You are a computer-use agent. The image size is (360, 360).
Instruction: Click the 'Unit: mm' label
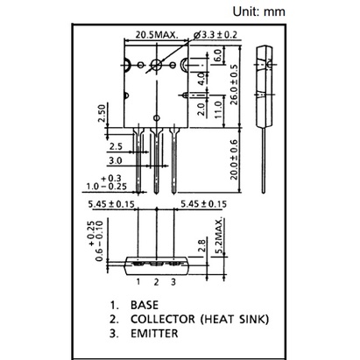(258, 11)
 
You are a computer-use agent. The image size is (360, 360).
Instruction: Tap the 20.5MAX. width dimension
(156, 35)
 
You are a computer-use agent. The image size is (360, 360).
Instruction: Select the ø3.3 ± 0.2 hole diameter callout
(215, 35)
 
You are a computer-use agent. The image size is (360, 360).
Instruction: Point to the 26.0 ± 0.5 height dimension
(234, 85)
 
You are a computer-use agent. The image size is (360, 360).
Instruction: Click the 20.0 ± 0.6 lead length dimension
(234, 160)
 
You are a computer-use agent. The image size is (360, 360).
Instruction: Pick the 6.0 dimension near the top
(217, 55)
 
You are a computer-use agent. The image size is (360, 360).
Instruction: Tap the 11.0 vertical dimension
(218, 109)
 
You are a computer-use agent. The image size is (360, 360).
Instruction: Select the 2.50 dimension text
(101, 114)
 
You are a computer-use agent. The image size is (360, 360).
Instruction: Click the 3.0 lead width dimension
(116, 160)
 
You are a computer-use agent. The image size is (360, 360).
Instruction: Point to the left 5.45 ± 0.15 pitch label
(111, 204)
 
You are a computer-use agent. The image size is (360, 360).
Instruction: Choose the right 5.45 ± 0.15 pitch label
(203, 204)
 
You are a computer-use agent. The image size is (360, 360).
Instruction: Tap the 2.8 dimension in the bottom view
(201, 245)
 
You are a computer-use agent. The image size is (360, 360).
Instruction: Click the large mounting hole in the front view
(157, 65)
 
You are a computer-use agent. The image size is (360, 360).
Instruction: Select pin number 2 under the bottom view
(156, 282)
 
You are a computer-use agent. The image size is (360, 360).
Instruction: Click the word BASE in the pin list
(145, 305)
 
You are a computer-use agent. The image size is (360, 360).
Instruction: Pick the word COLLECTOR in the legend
(163, 319)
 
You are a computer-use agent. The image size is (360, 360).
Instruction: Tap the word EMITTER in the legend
(154, 334)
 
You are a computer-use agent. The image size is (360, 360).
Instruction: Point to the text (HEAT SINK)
(235, 319)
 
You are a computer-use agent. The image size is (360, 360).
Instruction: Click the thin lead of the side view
(264, 160)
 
